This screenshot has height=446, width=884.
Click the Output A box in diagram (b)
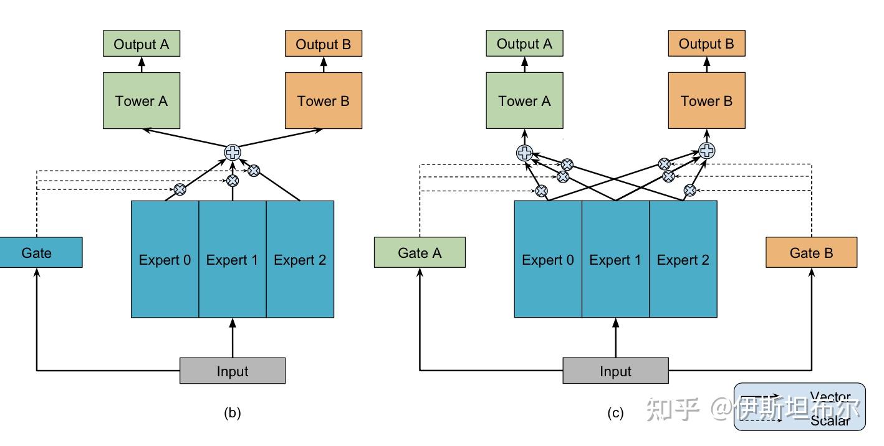[142, 44]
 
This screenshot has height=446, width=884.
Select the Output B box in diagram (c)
[706, 44]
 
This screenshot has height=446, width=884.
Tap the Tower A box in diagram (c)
[524, 101]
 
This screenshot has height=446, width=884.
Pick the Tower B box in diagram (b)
[323, 101]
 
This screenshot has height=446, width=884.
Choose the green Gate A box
[420, 253]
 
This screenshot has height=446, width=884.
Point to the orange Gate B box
[811, 253]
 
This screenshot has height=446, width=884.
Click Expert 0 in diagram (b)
[165, 260]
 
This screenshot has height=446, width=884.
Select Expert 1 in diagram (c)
[615, 260]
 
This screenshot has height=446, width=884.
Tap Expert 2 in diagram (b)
[300, 260]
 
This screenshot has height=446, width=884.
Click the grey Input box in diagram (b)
[233, 371]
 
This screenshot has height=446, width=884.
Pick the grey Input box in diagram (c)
[615, 371]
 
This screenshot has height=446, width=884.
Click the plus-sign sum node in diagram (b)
[233, 152]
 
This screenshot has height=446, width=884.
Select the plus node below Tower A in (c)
[525, 153]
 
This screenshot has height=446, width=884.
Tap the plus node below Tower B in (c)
[706, 150]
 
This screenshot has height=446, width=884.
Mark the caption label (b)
[232, 412]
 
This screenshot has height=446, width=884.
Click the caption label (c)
[615, 412]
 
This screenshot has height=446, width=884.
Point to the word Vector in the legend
[830, 397]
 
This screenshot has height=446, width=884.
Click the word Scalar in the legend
[830, 421]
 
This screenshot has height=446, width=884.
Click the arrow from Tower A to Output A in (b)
[142, 64]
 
